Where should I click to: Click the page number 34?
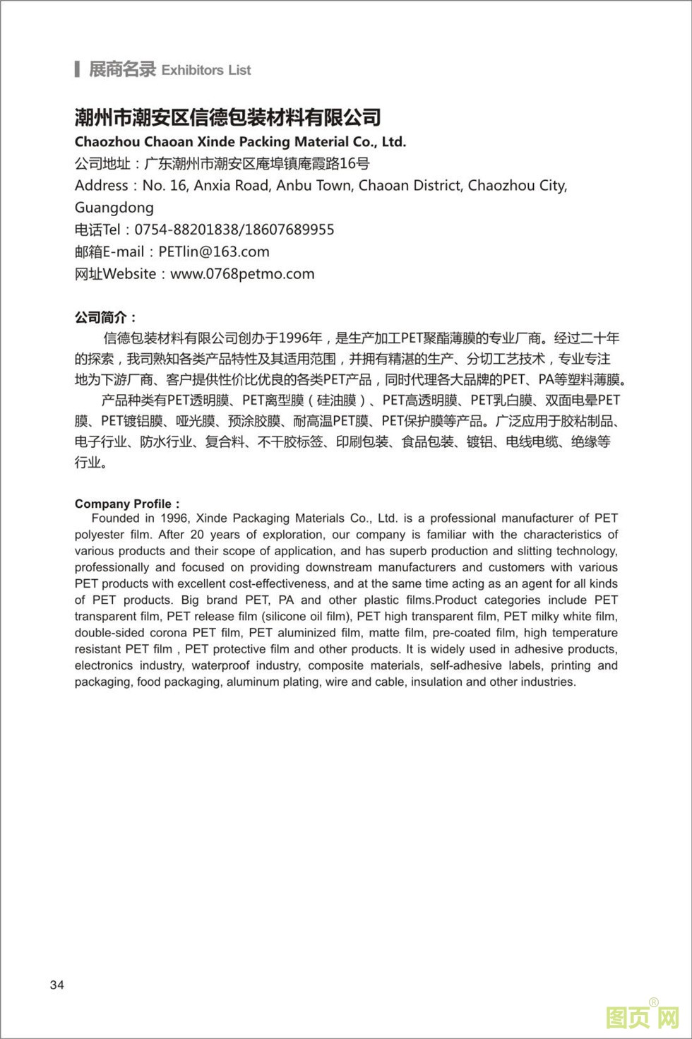pyautogui.click(x=56, y=985)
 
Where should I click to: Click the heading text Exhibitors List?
pyautogui.click(x=206, y=70)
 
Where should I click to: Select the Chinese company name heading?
pyautogui.click(x=227, y=117)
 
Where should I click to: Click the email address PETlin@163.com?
pyautogui.click(x=214, y=251)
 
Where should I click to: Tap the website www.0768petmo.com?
pyautogui.click(x=242, y=274)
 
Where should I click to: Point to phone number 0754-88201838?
pyautogui.click(x=186, y=230)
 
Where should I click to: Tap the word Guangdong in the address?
pyautogui.click(x=114, y=208)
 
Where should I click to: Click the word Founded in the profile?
pyautogui.click(x=115, y=518)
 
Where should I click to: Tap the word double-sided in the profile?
pyautogui.click(x=107, y=633)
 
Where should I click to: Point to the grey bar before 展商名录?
pyautogui.click(x=76, y=69)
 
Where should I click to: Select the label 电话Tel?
pyautogui.click(x=98, y=230)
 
